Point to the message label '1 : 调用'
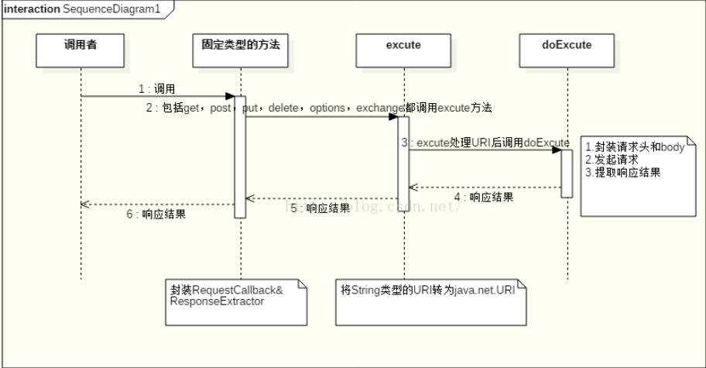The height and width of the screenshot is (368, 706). coord(157,88)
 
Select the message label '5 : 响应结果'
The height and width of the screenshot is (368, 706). coord(319,208)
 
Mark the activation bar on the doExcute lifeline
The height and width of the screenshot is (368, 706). coord(567,174)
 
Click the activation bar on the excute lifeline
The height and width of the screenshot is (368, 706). coord(403,163)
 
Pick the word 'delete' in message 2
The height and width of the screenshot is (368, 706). coord(283,108)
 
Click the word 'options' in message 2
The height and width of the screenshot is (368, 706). coord(327,108)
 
